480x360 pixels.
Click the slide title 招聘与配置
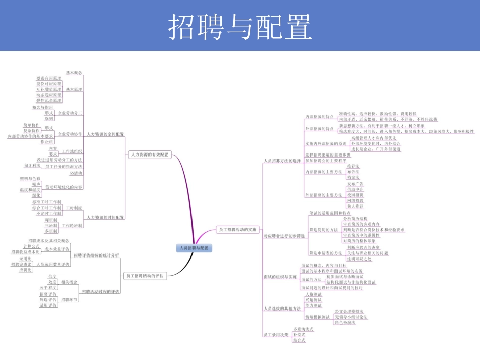point(239,26)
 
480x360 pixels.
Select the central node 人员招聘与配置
point(195,248)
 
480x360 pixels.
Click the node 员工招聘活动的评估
point(144,275)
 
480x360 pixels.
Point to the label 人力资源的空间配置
point(106,134)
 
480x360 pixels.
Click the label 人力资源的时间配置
point(106,217)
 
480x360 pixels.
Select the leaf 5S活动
point(76,173)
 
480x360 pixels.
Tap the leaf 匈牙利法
point(32,165)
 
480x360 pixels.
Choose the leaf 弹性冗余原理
point(49,101)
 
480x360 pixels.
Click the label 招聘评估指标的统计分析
point(97,255)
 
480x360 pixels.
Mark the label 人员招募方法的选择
point(279,161)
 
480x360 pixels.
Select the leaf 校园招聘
point(355,195)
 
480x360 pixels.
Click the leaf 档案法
point(353,177)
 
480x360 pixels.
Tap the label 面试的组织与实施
point(280,277)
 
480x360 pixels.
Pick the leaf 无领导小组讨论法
point(351,317)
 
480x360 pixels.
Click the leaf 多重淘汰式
point(303,329)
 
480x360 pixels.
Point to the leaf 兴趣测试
point(313,300)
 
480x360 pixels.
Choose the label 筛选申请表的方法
point(324,253)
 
